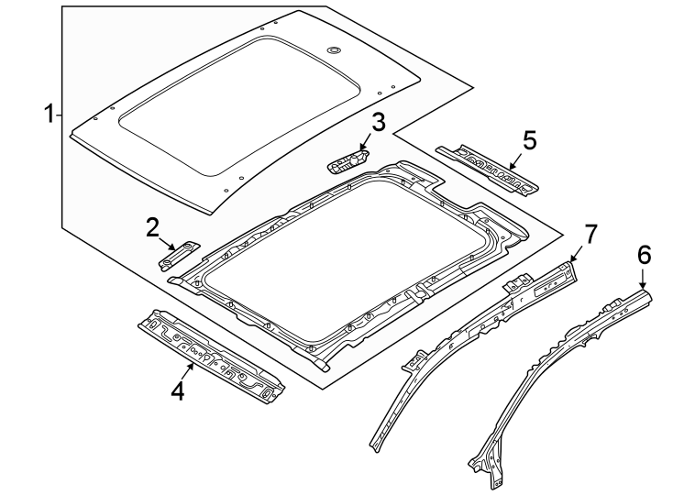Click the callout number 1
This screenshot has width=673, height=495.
click(x=50, y=115)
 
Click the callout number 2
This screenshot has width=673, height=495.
click(x=153, y=227)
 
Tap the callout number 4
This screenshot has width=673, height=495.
click(x=177, y=391)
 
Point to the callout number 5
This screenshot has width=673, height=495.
click(x=529, y=140)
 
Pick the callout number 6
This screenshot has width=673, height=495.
click(x=644, y=255)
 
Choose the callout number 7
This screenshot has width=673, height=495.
click(x=590, y=234)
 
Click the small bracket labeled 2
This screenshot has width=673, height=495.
click(x=180, y=254)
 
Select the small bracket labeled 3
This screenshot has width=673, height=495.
click(x=348, y=161)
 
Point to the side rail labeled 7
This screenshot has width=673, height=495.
click(x=477, y=321)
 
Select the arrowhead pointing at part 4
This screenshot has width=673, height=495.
click(x=192, y=364)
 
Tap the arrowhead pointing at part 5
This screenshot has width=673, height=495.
click(x=511, y=165)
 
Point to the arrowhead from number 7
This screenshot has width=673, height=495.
click(x=572, y=261)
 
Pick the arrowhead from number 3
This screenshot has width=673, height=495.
click(x=363, y=149)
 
